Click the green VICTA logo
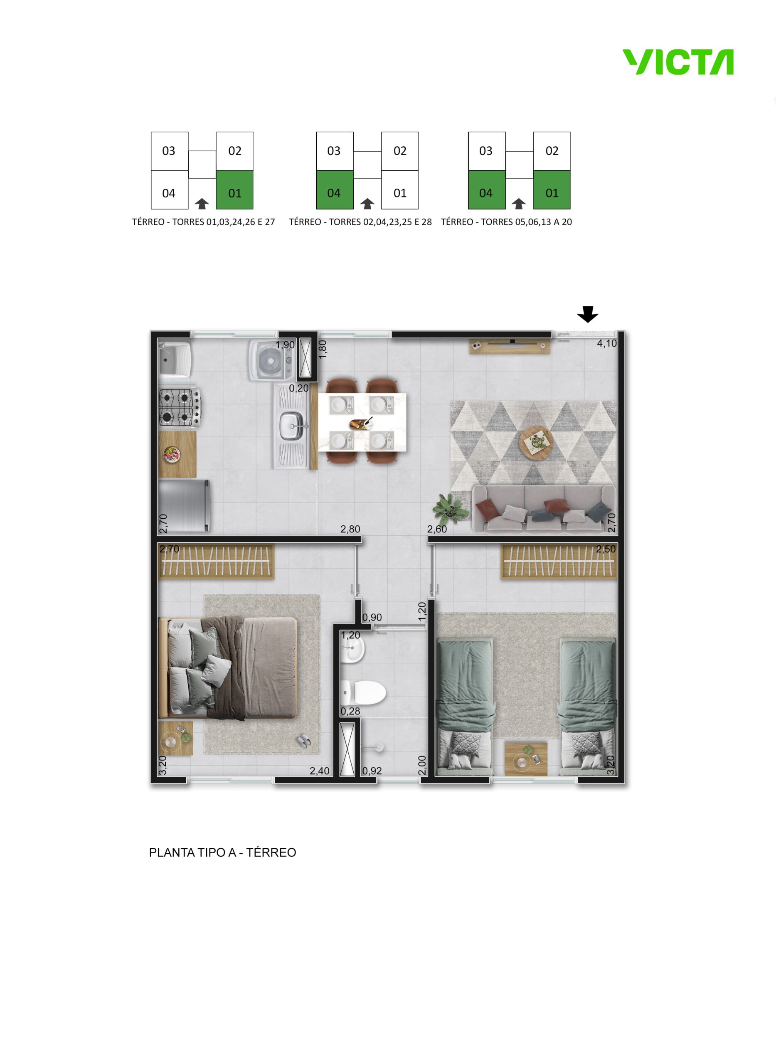(x=678, y=62)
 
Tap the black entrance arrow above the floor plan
(x=588, y=314)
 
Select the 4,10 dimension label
(x=606, y=343)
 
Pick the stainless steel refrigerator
(x=184, y=505)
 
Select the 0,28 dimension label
(x=350, y=711)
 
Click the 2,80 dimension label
(x=350, y=529)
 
